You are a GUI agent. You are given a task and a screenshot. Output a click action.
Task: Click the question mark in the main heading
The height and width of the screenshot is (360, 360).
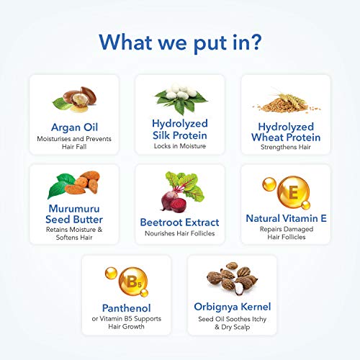click(255, 42)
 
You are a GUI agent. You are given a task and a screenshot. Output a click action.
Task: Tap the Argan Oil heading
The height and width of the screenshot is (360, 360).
click(74, 127)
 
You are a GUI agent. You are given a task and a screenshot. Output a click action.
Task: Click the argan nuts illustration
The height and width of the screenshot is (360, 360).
click(75, 99)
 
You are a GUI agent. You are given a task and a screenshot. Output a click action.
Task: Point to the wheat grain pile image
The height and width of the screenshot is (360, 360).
click(287, 104)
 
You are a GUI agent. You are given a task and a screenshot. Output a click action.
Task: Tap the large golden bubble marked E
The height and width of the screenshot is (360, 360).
click(293, 192)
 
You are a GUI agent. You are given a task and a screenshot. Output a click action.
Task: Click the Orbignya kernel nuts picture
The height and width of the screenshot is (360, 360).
click(233, 279)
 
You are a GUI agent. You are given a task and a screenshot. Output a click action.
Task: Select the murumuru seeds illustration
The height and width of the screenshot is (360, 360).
click(74, 184)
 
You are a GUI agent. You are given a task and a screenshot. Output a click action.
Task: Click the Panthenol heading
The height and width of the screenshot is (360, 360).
click(127, 308)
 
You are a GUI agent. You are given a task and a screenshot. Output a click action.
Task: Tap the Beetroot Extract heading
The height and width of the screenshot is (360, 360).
click(179, 222)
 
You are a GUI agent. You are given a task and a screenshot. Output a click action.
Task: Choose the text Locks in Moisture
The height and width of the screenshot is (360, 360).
click(180, 146)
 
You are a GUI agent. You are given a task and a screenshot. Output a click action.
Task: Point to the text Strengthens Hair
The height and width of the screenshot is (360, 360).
click(286, 147)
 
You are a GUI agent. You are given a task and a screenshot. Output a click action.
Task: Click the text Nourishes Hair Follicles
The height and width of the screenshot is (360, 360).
click(180, 233)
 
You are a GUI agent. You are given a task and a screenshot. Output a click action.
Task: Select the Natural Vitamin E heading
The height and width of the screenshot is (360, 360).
click(287, 218)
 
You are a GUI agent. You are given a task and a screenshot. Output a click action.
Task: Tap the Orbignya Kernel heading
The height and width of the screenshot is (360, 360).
click(233, 307)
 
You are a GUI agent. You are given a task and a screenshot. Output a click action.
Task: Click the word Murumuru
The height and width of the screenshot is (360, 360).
click(74, 209)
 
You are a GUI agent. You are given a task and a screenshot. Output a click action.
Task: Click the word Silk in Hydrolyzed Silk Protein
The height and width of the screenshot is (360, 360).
click(163, 135)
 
